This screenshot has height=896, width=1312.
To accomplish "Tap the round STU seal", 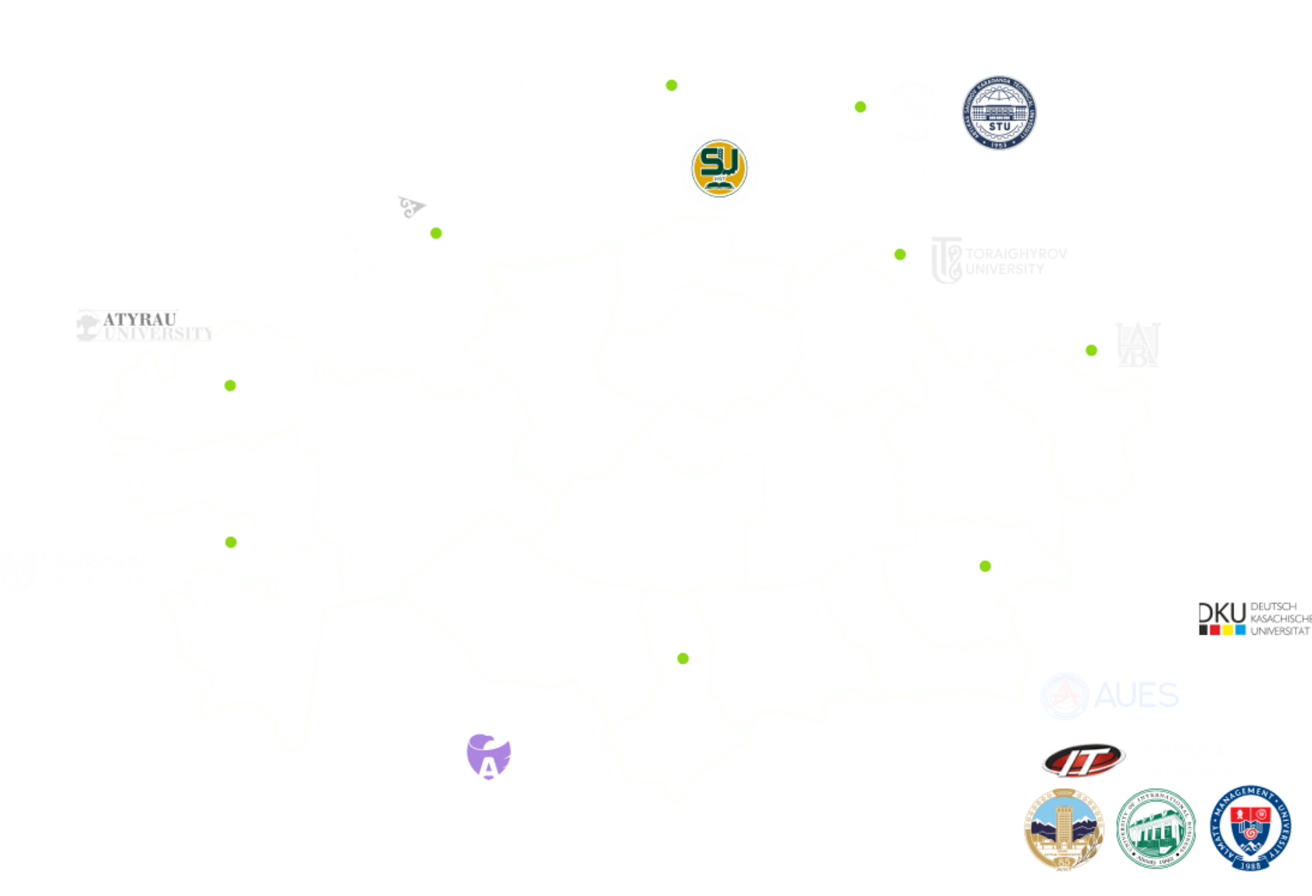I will pyautogui.click(x=999, y=113).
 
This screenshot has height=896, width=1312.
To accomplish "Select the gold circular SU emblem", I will pyautogui.click(x=718, y=167).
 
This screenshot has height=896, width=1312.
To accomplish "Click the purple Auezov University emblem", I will pyautogui.click(x=487, y=755).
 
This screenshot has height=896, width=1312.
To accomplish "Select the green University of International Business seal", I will pyautogui.click(x=1156, y=829).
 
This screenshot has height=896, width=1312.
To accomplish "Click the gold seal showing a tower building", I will pyautogui.click(x=1064, y=829).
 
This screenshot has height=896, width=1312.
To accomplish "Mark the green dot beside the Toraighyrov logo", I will pyautogui.click(x=900, y=254).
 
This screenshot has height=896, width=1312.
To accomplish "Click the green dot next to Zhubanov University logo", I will pyautogui.click(x=437, y=232).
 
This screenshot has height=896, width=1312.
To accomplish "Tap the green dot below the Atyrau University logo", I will pyautogui.click(x=230, y=385).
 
